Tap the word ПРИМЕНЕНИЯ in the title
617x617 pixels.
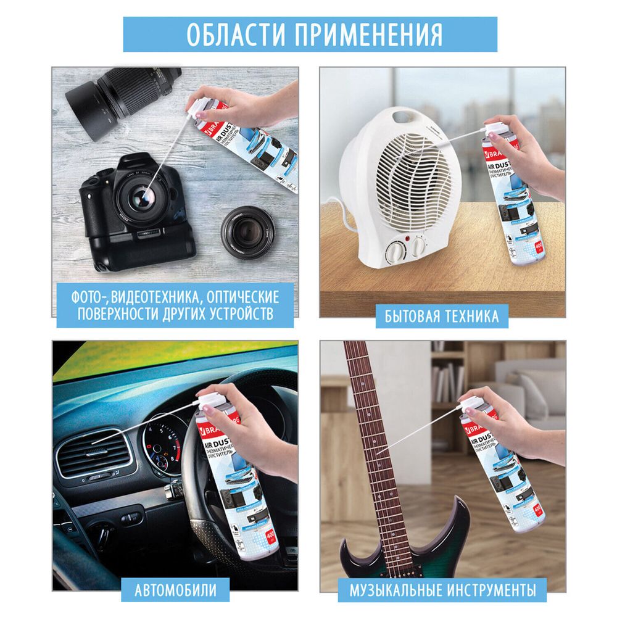(368, 35)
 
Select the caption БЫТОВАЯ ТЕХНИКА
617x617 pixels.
(441, 317)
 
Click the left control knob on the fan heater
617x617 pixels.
(395, 252)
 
